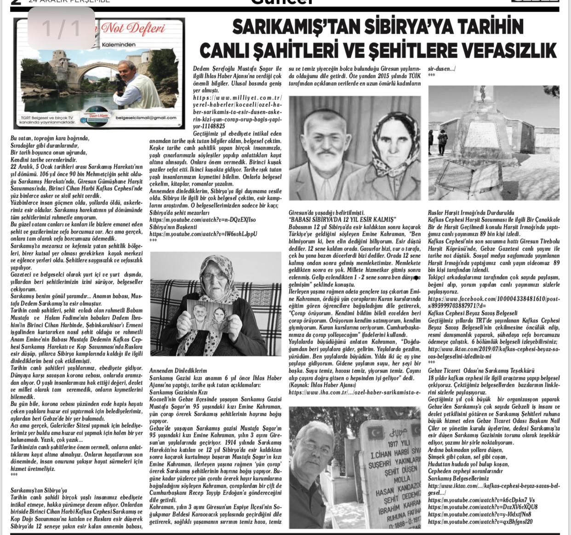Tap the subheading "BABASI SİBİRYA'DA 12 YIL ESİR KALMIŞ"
[x=342, y=220]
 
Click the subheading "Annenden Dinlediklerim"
[x=178, y=371]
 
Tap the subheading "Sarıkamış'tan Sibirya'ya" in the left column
[x=39, y=490]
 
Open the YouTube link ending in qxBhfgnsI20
[x=480, y=522]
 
